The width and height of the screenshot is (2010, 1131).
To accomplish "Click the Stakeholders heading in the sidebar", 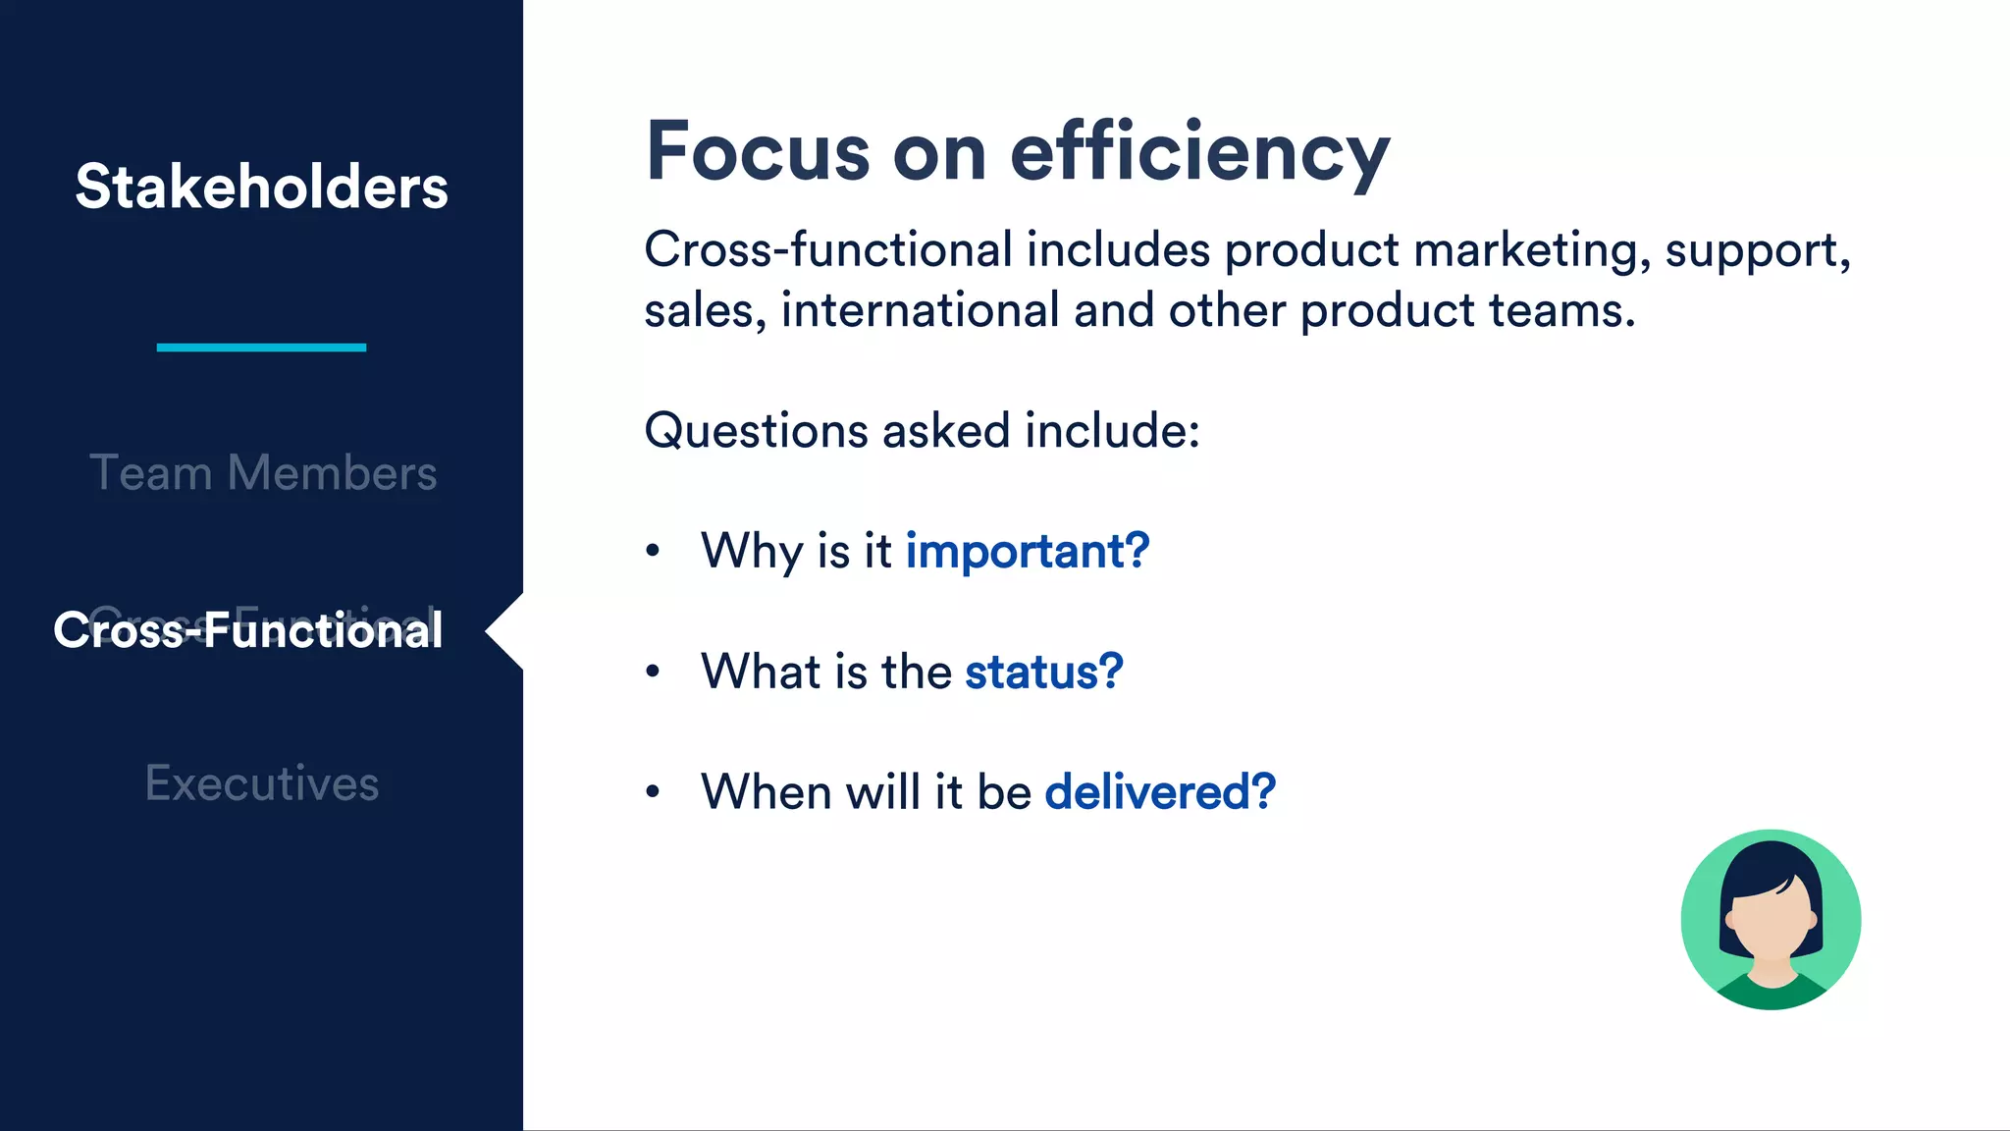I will pos(261,187).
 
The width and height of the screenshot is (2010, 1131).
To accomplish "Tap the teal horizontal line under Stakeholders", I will pos(261,347).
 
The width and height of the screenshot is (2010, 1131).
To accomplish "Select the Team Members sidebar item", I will pos(262,472).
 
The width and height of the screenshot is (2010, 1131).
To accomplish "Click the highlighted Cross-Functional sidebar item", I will pos(247,629).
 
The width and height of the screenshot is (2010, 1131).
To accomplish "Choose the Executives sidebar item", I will pos(262,783).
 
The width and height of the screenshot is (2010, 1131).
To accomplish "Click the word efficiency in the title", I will pos(1199,153).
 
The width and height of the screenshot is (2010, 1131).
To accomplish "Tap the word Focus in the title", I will pos(758,151).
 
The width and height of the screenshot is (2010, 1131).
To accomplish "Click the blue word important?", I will pos(1027,551).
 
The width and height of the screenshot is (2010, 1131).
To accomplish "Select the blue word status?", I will pos(1043,672).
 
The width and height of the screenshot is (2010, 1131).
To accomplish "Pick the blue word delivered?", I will pos(1160,791).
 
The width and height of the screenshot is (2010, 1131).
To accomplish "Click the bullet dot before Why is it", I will pos(653,551).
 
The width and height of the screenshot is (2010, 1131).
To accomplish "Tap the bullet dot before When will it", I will pos(653,791).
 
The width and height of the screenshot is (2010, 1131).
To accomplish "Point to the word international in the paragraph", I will pos(920,310).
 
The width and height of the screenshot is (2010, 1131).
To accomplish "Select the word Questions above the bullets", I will pos(756,431).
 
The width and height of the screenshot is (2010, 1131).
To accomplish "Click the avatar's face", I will pos(1772,928).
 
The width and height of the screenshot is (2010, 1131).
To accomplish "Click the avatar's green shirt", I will pos(1772,994).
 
